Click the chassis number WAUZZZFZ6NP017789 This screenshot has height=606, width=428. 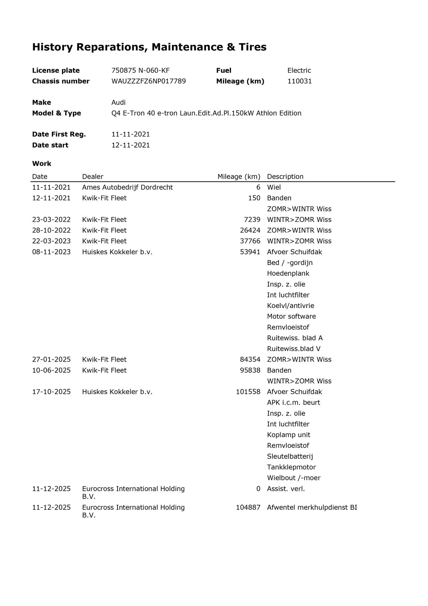coord(149,81)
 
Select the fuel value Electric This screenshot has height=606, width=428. coord(299,70)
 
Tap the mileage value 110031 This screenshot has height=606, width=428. coord(299,81)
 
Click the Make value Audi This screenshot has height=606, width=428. coord(118,102)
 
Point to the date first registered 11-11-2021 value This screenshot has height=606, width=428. coord(131,134)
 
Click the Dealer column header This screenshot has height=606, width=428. coord(93,177)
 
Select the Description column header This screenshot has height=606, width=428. coord(285,177)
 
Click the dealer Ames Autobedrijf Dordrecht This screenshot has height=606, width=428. coord(127,187)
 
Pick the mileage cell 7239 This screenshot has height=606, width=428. coord(252,220)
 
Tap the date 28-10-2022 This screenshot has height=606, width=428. coord(51,230)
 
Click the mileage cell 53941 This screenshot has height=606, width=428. coord(250,252)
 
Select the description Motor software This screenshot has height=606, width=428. coord(291,316)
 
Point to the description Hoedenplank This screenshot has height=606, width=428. coord(288,273)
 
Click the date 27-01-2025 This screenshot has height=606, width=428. coord(51,360)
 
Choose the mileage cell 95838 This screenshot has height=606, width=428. coord(250,370)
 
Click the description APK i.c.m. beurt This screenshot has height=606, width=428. coord(293,403)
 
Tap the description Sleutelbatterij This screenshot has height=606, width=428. coord(290,456)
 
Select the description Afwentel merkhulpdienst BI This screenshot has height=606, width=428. coord(312,507)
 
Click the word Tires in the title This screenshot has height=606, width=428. coord(252,47)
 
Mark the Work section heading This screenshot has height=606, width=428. coord(42,164)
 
